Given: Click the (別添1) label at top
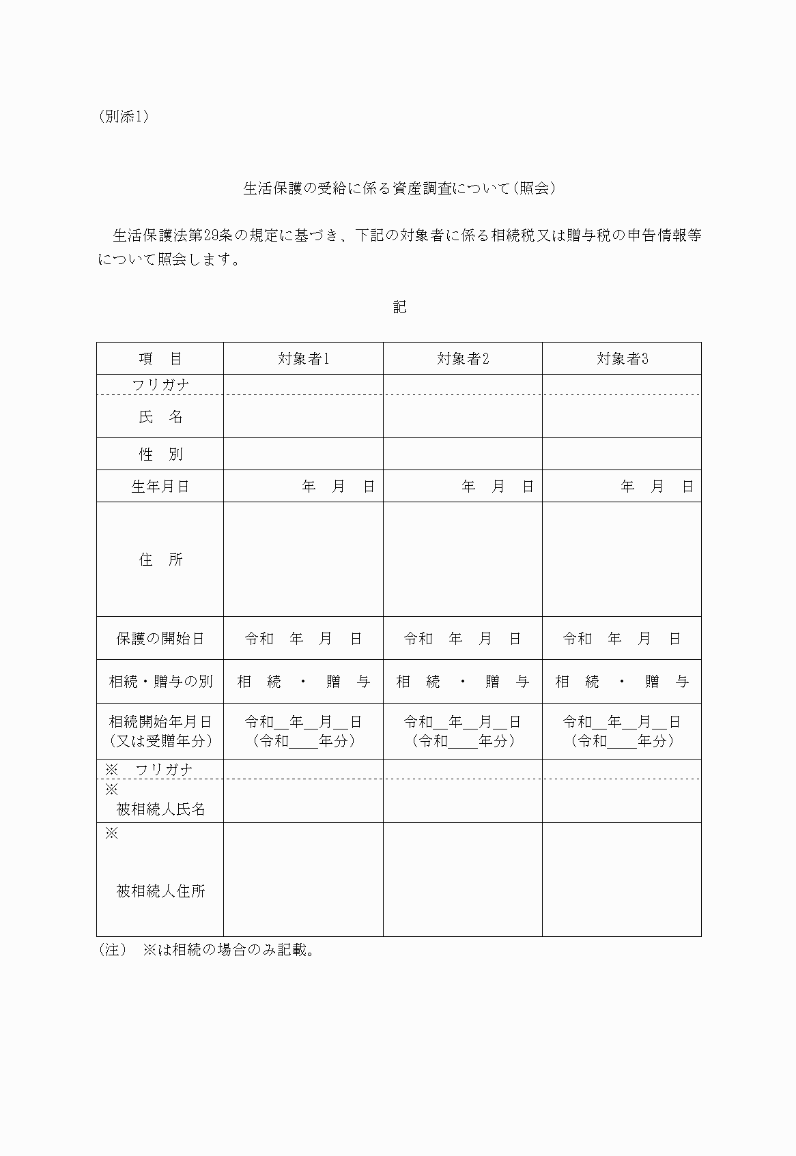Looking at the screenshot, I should tap(124, 117).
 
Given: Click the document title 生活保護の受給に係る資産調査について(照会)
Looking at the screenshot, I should tap(399, 188).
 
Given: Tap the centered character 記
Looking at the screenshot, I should tap(399, 307).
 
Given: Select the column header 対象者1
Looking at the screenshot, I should tap(303, 359).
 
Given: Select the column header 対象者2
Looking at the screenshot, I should tap(463, 359).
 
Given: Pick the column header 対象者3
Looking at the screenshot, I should tap(622, 359).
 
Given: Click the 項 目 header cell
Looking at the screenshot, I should tap(160, 359).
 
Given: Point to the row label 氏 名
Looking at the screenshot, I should tap(160, 417).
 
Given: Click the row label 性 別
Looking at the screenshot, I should tap(160, 454).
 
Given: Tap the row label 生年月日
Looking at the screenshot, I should tap(160, 487).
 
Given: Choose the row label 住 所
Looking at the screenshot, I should tap(160, 560).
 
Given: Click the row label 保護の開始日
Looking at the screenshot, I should tap(160, 639).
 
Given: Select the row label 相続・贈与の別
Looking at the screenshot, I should tap(160, 682).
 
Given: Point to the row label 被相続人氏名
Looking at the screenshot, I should tap(160, 809).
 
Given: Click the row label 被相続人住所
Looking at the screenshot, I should tap(160, 891).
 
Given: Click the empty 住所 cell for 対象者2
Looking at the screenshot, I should tap(463, 560).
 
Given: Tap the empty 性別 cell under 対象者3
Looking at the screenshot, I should tap(622, 454).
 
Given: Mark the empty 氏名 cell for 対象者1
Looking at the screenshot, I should tap(303, 417).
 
